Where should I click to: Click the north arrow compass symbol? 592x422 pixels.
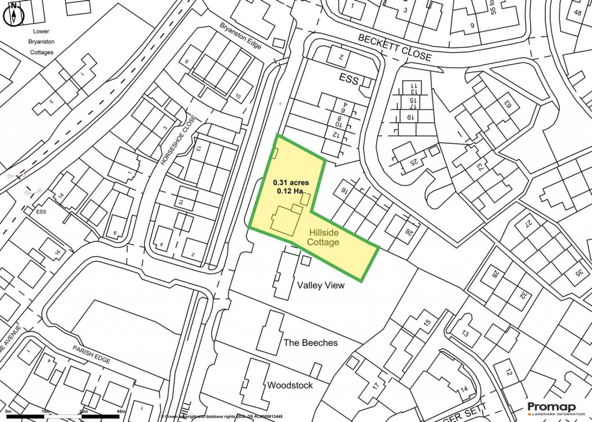(13, 13)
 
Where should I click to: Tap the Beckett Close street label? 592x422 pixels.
(394, 47)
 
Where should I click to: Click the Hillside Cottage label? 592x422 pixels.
(324, 237)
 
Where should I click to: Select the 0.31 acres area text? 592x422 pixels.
(291, 182)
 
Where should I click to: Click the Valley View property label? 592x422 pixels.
(320, 285)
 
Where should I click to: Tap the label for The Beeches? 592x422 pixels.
(310, 342)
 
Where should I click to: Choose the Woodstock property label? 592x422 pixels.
(290, 385)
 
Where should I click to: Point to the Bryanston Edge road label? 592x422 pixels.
(241, 36)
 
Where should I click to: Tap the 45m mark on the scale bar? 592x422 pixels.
(121, 411)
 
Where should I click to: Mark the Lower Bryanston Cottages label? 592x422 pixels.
(40, 42)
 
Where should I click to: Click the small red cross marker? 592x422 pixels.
(281, 104)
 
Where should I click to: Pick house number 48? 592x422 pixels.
(578, 13)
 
